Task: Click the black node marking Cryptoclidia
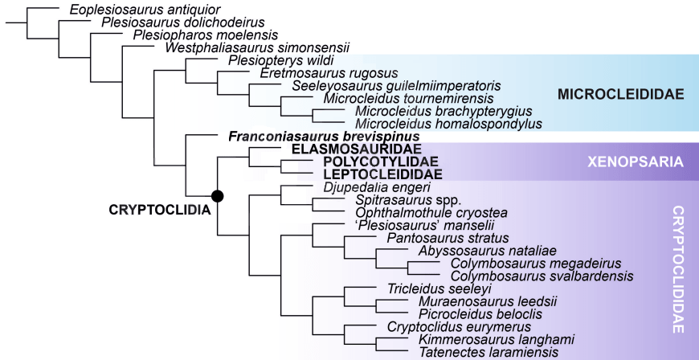[x=217, y=195]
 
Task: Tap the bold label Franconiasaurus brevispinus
[x=318, y=137]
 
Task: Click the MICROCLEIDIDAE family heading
[x=620, y=95]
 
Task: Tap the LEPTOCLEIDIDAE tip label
[x=371, y=174]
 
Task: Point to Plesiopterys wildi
[x=280, y=60]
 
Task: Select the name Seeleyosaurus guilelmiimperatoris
[x=397, y=86]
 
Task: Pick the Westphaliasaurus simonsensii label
[x=255, y=47]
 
